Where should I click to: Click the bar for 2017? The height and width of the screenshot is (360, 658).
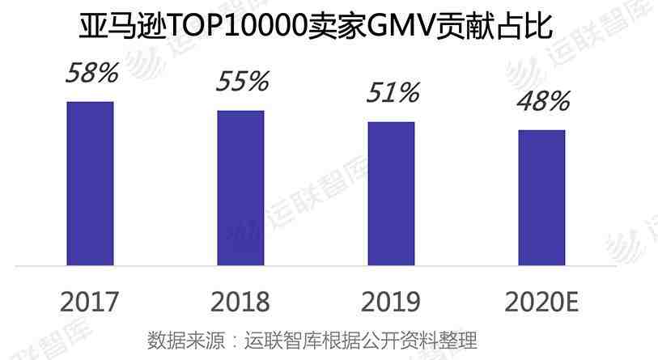tap(90, 184)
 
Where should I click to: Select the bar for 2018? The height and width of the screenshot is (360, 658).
tap(240, 188)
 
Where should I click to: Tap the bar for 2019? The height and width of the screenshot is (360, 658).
tap(391, 193)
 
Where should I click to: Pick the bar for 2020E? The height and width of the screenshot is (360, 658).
tap(541, 197)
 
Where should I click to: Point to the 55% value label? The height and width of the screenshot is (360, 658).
tap(242, 81)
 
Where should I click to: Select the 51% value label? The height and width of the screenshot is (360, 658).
tap(393, 92)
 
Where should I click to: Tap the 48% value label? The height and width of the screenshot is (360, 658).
tap(543, 101)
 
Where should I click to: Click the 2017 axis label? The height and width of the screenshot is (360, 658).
tap(90, 303)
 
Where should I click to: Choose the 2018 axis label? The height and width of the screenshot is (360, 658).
tap(240, 303)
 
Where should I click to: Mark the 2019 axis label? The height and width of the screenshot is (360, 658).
tap(391, 303)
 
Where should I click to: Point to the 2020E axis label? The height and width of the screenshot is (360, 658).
tap(541, 303)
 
